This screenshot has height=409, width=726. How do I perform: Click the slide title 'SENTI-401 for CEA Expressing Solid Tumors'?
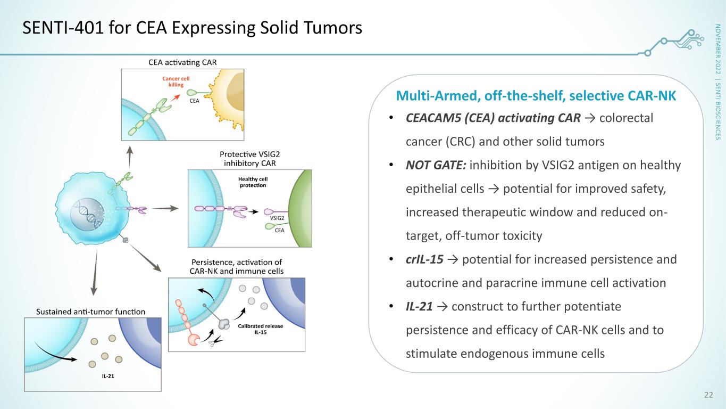pyautogui.click(x=192, y=28)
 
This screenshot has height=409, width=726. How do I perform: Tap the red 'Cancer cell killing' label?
pyautogui.click(x=176, y=82)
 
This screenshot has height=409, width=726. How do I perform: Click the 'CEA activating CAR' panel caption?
pyautogui.click(x=182, y=62)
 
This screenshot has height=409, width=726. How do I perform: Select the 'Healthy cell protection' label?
pyautogui.click(x=253, y=182)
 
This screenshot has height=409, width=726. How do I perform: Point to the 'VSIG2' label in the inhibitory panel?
pyautogui.click(x=277, y=218)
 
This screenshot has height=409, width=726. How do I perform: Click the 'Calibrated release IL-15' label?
pyautogui.click(x=260, y=329)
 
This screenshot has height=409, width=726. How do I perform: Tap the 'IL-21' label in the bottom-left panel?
pyautogui.click(x=108, y=376)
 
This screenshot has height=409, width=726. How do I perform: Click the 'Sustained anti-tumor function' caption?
pyautogui.click(x=91, y=312)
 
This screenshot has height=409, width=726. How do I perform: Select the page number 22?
pyautogui.click(x=708, y=395)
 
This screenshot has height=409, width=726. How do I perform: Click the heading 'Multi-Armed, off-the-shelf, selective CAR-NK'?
pyautogui.click(x=536, y=96)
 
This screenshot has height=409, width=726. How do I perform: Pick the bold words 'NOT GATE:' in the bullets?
pyautogui.click(x=436, y=165)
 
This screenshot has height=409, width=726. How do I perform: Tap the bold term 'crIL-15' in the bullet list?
pyautogui.click(x=424, y=259)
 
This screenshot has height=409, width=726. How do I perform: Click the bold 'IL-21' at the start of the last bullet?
pyautogui.click(x=419, y=306)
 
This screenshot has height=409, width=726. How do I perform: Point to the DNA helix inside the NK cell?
pyautogui.click(x=88, y=214)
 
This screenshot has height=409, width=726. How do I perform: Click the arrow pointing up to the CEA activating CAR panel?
pyautogui.click(x=130, y=157)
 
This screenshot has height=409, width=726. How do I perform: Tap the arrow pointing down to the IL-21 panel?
pyautogui.click(x=95, y=272)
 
